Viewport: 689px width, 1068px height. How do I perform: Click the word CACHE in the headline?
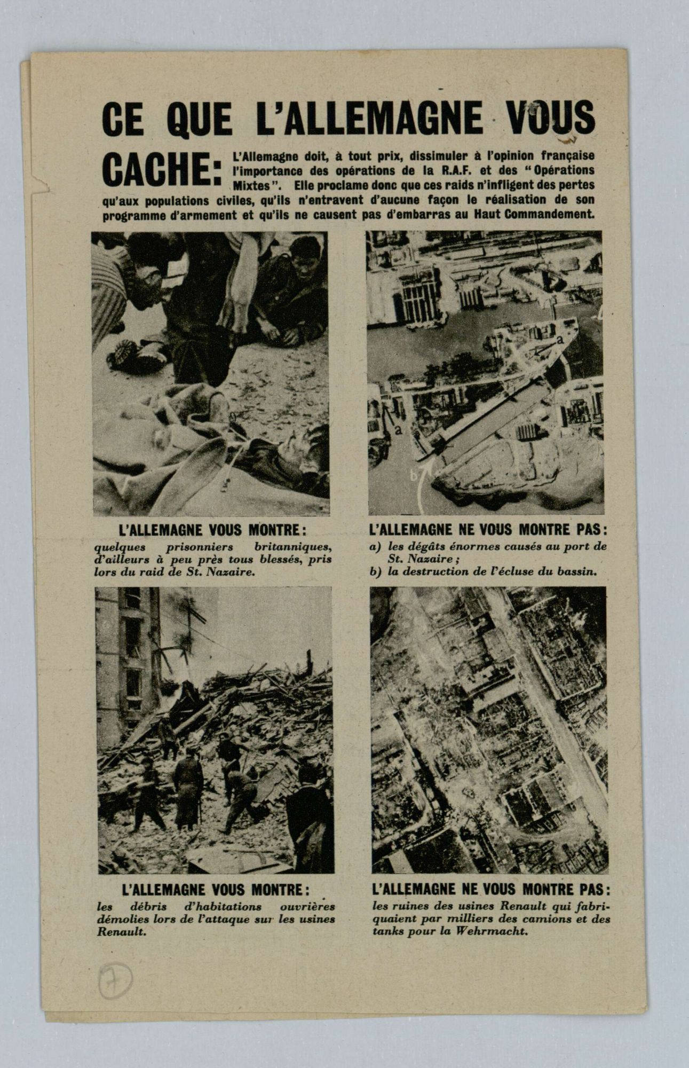[x=157, y=169]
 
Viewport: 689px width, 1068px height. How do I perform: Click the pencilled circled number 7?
[x=115, y=980]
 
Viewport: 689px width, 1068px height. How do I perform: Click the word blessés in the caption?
[x=284, y=559]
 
